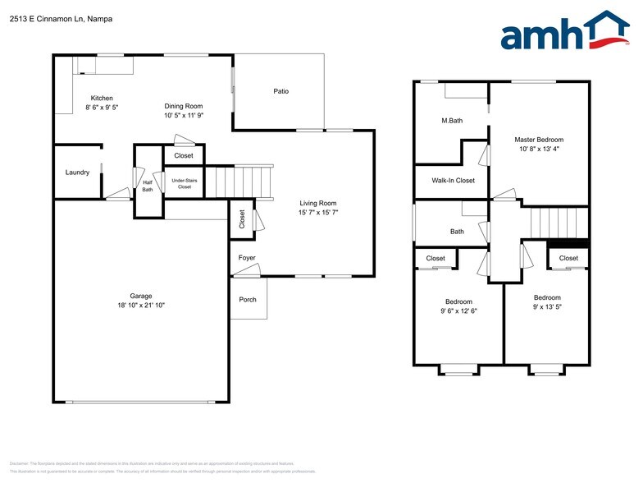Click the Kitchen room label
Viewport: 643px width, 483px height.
(102, 99)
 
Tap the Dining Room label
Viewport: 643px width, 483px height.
(184, 106)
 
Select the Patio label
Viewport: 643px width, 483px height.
(281, 91)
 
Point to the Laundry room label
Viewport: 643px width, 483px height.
(77, 172)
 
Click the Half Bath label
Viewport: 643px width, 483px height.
(148, 186)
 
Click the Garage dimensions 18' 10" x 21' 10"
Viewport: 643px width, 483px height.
(141, 306)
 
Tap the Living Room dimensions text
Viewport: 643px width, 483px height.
(318, 212)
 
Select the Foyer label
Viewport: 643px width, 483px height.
(247, 258)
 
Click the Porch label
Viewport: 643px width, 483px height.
(248, 300)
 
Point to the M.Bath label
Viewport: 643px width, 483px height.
(452, 121)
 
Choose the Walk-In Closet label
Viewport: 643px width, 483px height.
(454, 181)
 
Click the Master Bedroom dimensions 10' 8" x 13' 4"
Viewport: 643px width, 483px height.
(539, 149)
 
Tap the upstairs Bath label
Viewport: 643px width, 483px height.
(457, 232)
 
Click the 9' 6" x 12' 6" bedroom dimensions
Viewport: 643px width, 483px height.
(458, 310)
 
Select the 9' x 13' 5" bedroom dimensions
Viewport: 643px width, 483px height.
(547, 306)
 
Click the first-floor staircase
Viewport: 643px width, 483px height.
(238, 182)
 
